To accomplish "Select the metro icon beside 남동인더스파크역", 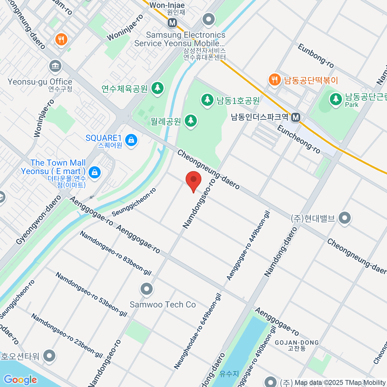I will click(295, 118).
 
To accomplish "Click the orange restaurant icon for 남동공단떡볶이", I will click(274, 80).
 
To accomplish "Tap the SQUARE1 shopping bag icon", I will click(131, 140).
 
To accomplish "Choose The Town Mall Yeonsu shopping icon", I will click(94, 172).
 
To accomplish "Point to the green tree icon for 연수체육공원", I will click(157, 87).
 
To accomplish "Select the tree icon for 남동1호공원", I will click(207, 100).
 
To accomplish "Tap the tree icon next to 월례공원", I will click(191, 121).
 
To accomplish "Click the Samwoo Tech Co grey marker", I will click(146, 289).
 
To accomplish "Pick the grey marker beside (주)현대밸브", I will click(345, 218).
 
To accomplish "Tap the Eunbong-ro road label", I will click(316, 56).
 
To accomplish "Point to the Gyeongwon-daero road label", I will click(38, 220).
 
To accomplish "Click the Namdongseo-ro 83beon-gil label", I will click(115, 253).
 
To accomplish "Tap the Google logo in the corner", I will click(20, 380).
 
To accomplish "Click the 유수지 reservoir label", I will click(229, 374).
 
